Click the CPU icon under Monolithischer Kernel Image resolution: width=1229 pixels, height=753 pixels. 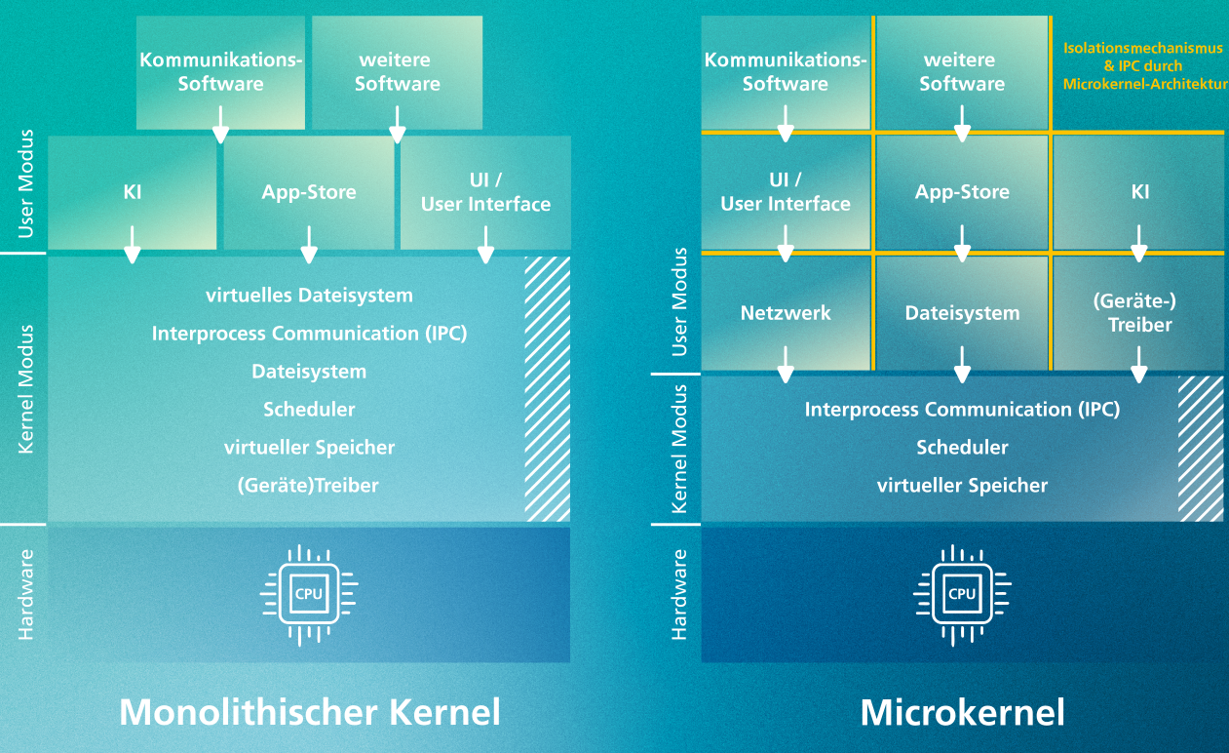coord(309,593)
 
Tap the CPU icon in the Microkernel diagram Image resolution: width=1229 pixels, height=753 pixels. coord(962,593)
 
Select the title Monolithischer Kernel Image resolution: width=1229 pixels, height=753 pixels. coord(310,712)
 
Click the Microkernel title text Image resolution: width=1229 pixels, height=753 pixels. coord(962,712)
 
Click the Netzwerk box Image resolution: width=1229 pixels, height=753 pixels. coord(786,313)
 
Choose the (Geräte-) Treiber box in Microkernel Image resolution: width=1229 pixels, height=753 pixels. coord(1139,313)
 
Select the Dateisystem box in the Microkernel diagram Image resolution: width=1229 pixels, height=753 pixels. coord(962,313)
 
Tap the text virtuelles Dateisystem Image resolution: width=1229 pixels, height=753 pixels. coord(309,296)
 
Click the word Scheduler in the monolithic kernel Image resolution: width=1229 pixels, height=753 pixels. coord(309,410)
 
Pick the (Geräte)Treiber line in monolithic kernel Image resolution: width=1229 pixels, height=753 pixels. coord(309,485)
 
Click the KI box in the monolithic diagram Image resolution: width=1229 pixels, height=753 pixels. coord(133,192)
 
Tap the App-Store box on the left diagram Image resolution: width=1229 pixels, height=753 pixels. coord(309,192)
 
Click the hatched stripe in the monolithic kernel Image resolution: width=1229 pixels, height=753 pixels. coord(548,389)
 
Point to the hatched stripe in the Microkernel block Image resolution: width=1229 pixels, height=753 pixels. coord(1201,449)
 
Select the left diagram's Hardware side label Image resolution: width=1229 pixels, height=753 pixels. coord(26,594)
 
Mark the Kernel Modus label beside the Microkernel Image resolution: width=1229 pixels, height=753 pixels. coord(680,448)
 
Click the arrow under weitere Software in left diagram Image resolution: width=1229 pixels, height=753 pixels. coord(397,124)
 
